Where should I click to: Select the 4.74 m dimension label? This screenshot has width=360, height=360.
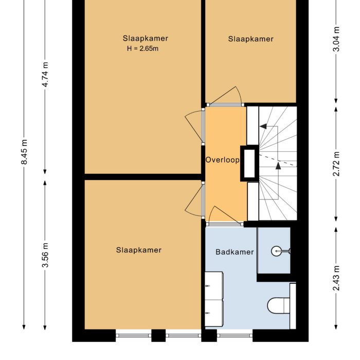click(45, 75)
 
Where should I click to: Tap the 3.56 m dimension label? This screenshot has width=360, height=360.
click(45, 255)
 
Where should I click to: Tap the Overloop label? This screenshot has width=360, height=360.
click(223, 160)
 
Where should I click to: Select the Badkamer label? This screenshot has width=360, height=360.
click(235, 252)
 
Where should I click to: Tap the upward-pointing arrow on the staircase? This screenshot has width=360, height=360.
click(278, 166)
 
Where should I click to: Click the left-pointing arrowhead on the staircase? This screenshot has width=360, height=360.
click(262, 125)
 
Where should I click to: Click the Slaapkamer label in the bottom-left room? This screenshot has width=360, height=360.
click(138, 250)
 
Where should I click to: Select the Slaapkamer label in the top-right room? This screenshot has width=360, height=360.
click(251, 39)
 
